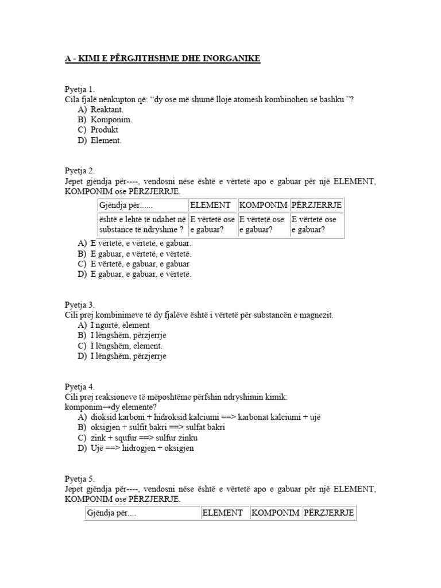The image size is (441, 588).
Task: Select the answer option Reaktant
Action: tap(107, 110)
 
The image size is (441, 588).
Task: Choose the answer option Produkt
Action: tap(105, 130)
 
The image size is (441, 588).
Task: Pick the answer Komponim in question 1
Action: tap(111, 119)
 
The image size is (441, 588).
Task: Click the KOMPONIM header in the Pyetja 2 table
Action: tap(263, 205)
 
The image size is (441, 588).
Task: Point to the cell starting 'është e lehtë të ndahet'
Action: tap(141, 225)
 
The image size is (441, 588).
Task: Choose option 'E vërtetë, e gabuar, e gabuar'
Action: tap(140, 264)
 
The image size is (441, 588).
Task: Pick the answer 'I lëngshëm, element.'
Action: tap(126, 346)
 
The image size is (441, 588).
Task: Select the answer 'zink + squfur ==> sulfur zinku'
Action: tap(145, 438)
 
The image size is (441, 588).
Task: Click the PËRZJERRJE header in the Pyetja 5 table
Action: tap(328, 513)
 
